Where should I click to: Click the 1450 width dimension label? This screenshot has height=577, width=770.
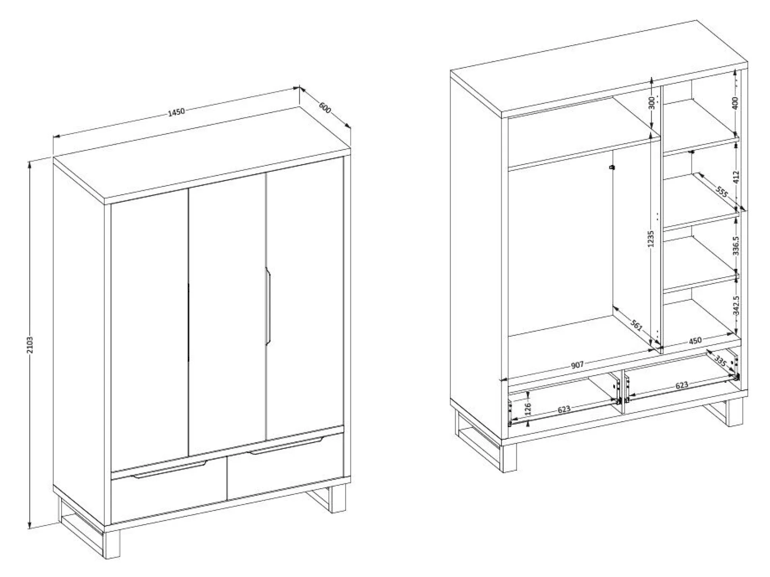point(176,112)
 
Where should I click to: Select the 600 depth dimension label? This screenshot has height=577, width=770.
point(325,108)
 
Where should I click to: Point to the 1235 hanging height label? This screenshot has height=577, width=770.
point(650,239)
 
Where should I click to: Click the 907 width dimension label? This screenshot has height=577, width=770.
point(577,364)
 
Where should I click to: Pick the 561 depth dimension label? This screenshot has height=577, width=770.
point(636,326)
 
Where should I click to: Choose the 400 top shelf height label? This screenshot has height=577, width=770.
point(735,103)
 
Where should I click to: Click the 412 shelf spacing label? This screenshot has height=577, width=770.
point(736,177)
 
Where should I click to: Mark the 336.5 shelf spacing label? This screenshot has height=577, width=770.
point(736,245)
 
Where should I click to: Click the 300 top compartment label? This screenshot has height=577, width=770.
point(651,103)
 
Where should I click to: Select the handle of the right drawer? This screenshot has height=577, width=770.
point(286,445)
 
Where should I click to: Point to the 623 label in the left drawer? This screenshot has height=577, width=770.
point(564,409)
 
